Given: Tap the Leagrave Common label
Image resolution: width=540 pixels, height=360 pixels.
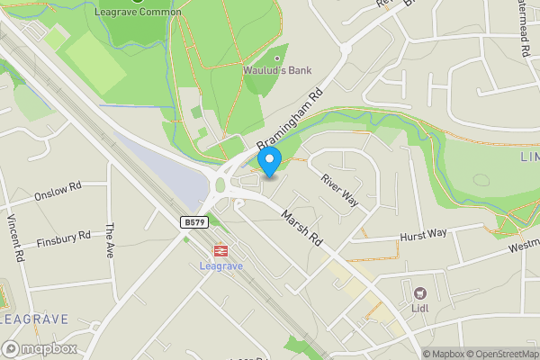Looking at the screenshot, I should pyautogui.click(x=138, y=12).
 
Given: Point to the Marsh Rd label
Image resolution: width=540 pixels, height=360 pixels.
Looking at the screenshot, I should pyautogui.click(x=301, y=229).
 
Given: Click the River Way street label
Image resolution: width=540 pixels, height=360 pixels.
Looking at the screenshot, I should pyautogui.click(x=339, y=190).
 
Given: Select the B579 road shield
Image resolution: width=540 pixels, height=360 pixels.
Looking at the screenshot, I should pyautogui.click(x=190, y=221).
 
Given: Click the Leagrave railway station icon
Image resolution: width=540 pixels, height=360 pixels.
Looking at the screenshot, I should pyautogui.click(x=219, y=250).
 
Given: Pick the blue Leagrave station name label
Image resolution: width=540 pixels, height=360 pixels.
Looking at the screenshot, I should pyautogui.click(x=219, y=265).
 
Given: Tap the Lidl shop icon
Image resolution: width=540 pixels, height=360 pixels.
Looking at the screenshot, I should pyautogui.click(x=419, y=292).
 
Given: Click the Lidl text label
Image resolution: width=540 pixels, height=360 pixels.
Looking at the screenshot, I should pyautogui.click(x=420, y=309).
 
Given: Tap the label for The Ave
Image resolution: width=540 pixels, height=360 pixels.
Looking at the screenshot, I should pyautogui.click(x=110, y=241).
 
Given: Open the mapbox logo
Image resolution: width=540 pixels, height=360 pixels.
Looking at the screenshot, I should pyautogui.click(x=40, y=348).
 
